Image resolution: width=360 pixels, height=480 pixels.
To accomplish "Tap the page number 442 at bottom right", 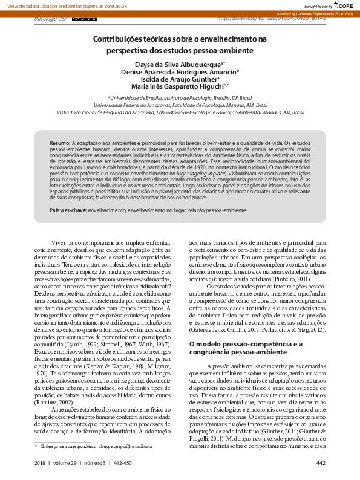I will [321, 464].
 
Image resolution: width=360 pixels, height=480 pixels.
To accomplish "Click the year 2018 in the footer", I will [41, 464].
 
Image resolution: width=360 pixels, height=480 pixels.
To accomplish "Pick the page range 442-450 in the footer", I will [122, 464].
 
